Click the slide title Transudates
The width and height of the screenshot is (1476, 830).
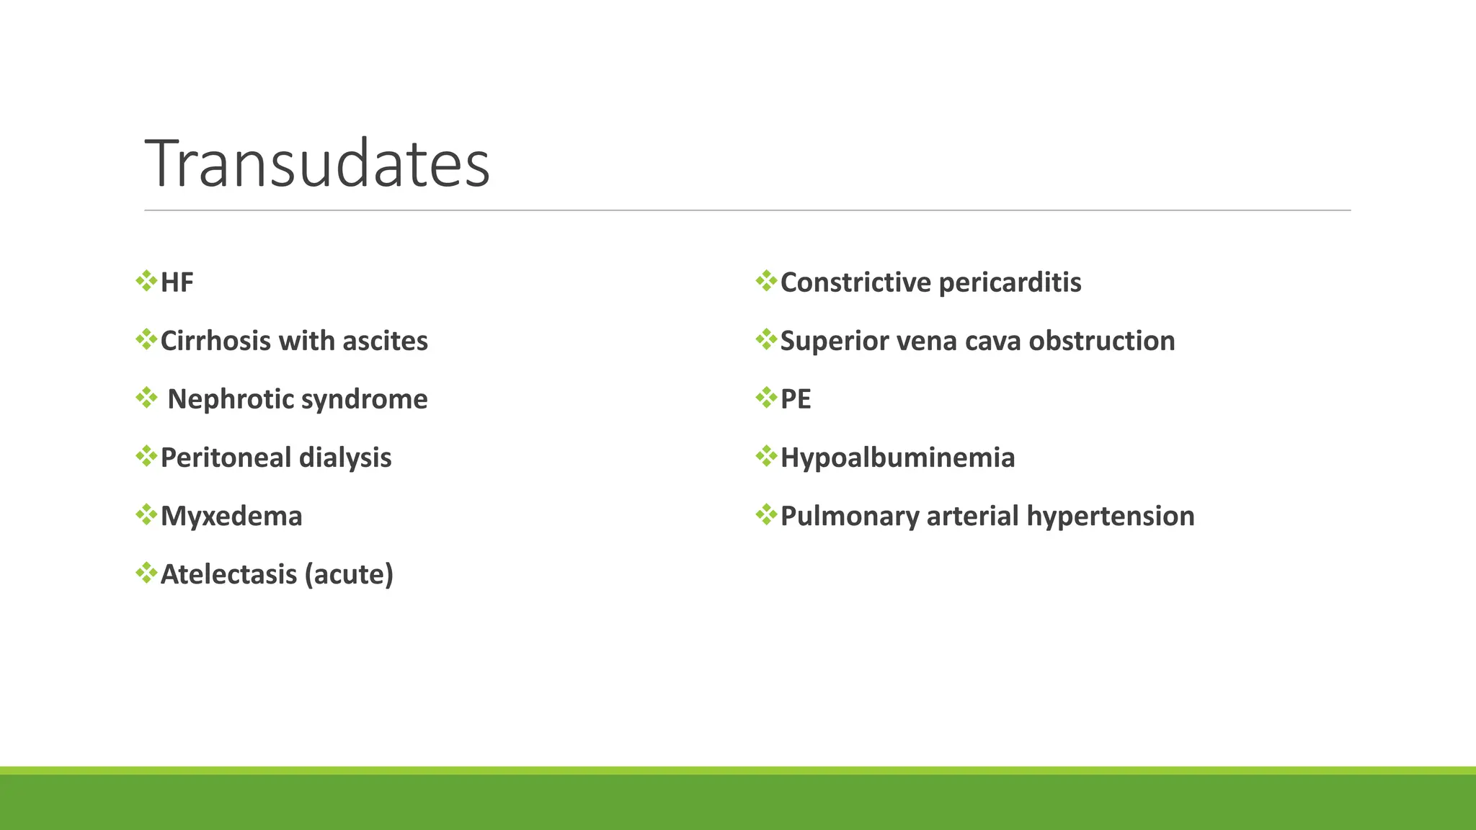pos(317,164)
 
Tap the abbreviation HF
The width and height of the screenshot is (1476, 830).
pos(177,282)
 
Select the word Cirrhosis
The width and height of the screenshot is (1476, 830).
pos(215,341)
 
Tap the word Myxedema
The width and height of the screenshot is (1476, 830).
pos(231,516)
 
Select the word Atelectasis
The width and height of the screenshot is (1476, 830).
pos(228,574)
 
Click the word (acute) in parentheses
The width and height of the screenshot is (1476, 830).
pos(349,574)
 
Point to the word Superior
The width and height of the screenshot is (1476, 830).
pos(835,341)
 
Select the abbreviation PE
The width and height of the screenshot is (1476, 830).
pos(796,399)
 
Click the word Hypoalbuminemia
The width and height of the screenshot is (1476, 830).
pos(897,458)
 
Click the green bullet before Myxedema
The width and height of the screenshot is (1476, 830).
pos(146,514)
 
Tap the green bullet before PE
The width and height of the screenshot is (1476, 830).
pos(766,398)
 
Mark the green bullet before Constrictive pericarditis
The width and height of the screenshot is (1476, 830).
pos(766,281)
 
